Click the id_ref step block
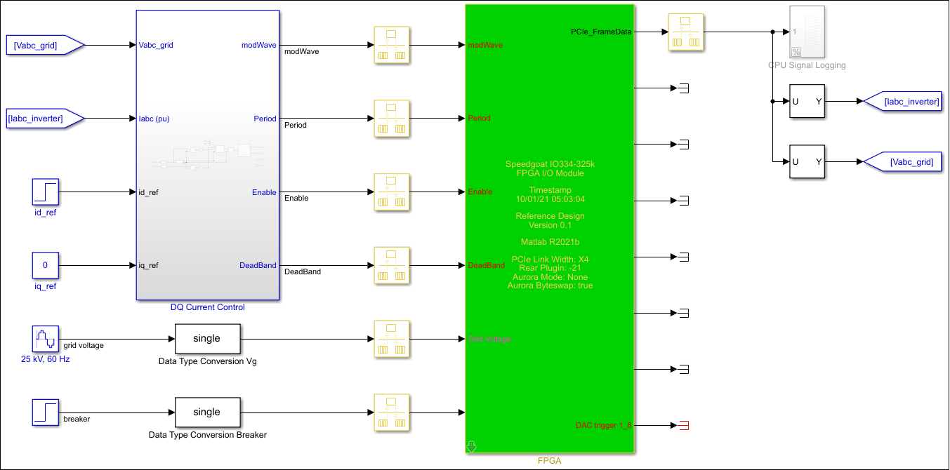pyautogui.click(x=46, y=192)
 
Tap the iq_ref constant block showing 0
pyautogui.click(x=46, y=265)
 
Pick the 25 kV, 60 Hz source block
pyautogui.click(x=46, y=339)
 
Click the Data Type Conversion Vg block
pyautogui.click(x=207, y=339)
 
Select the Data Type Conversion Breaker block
pyautogui.click(x=207, y=412)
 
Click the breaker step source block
pyautogui.click(x=46, y=412)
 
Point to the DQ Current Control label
pyautogui.click(x=208, y=307)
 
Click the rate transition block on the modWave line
pyautogui.click(x=392, y=46)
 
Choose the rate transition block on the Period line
pyautogui.click(x=392, y=119)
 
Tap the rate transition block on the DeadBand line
pyautogui.click(x=392, y=265)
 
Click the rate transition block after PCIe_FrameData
pyautogui.click(x=685, y=32)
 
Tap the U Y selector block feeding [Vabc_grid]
pyautogui.click(x=807, y=162)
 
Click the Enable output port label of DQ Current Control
pyautogui.click(x=264, y=192)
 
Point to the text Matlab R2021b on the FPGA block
pyautogui.click(x=550, y=242)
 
